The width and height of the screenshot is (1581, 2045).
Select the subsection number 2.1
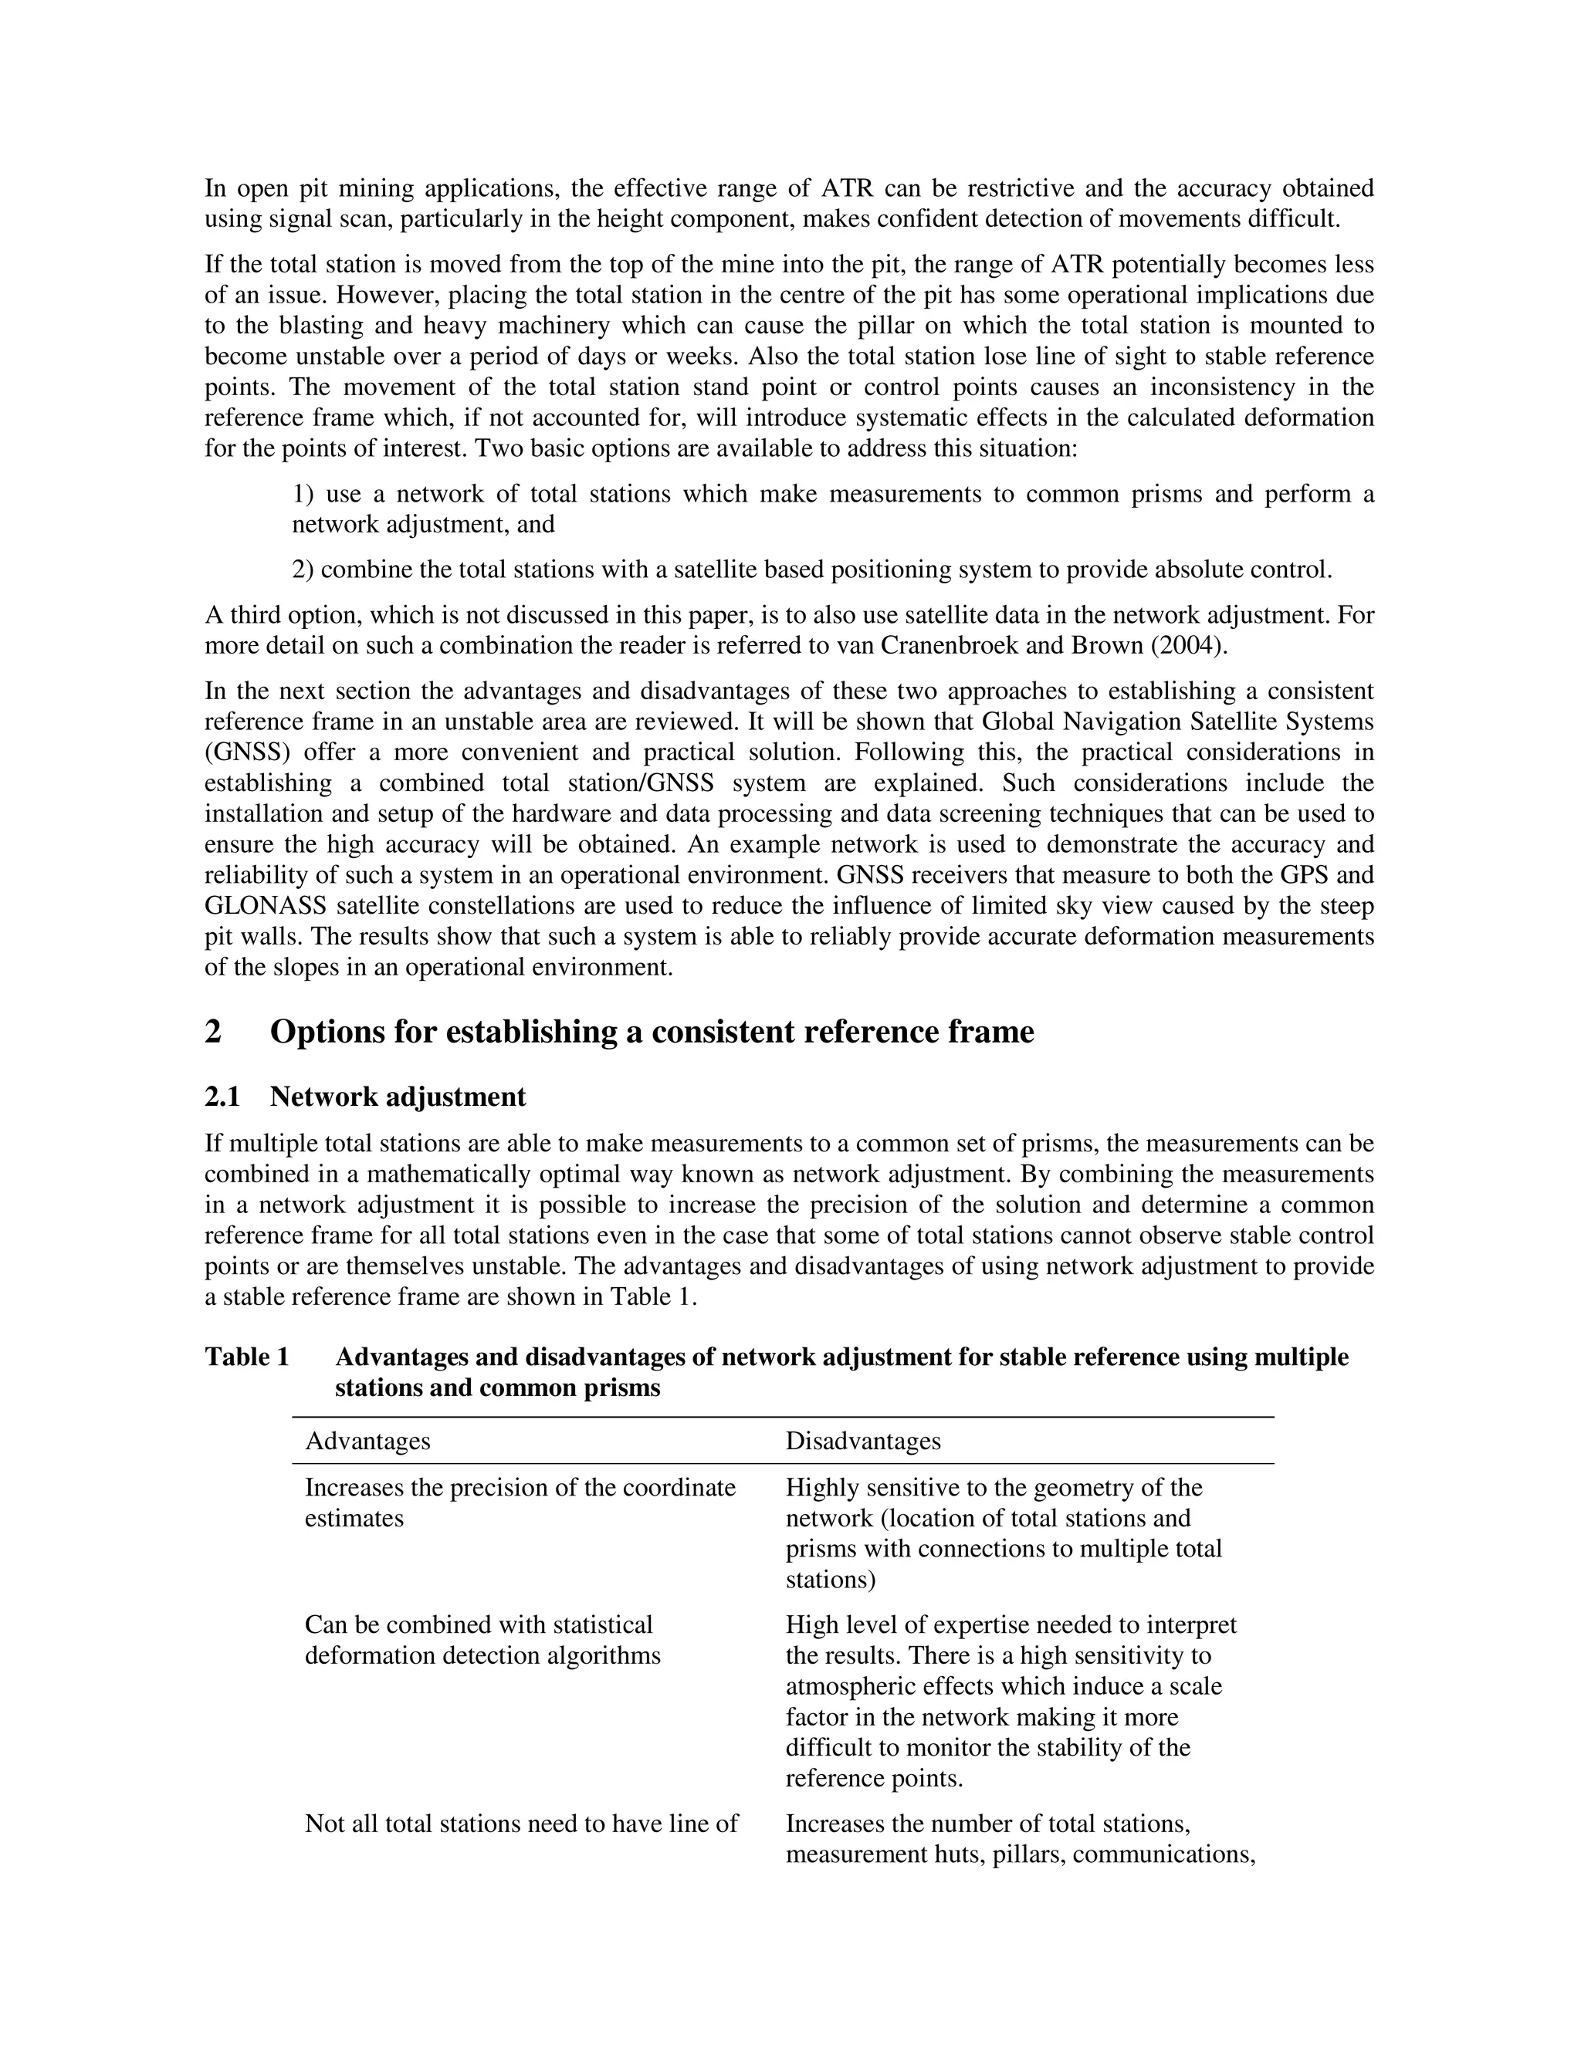pos(222,1097)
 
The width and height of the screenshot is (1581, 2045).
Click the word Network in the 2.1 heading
pos(323,1097)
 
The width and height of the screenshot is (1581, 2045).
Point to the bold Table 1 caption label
pos(246,1357)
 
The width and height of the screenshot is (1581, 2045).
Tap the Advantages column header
pos(367,1440)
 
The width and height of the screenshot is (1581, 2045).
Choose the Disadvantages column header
pos(862,1440)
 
